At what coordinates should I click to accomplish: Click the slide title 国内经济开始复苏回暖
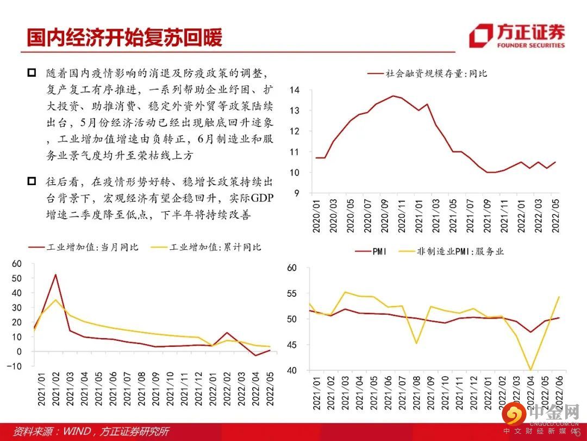click(x=124, y=37)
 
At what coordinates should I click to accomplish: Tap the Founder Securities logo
click(x=517, y=36)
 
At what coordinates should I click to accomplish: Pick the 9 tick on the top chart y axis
click(x=297, y=193)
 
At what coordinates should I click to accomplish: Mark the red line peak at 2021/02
click(x=55, y=274)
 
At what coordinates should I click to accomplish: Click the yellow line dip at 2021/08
click(x=416, y=343)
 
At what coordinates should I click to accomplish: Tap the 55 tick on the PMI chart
click(x=292, y=294)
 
